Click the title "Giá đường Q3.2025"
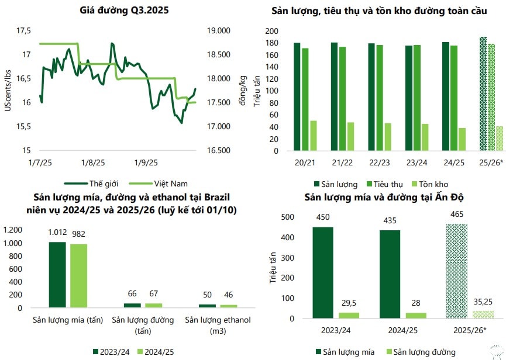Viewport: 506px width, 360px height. click(x=122, y=11)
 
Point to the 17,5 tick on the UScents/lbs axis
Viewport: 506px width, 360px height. click(x=23, y=30)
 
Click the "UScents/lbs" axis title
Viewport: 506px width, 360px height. click(x=8, y=89)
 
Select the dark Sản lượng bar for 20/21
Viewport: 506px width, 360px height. click(x=297, y=96)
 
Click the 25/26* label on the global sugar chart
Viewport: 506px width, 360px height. click(x=491, y=162)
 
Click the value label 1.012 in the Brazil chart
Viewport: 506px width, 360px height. click(x=57, y=233)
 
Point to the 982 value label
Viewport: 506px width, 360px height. click(x=79, y=234)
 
